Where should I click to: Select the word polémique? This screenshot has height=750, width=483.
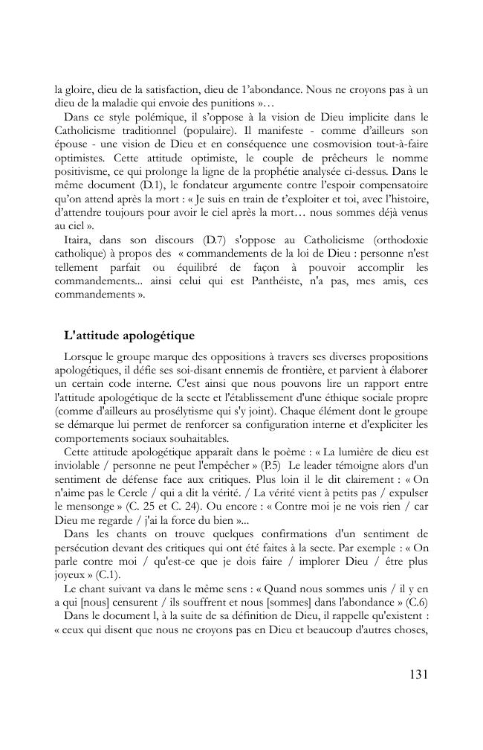144,117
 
